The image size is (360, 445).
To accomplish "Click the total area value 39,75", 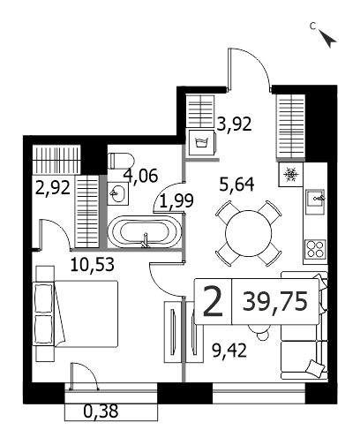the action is point(275,301).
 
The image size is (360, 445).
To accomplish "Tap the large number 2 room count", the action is point(213,302).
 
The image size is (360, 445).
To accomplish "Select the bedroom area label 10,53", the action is point(92,264).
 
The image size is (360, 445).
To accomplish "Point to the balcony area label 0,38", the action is point(101,411).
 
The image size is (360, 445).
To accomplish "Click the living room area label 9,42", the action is point(229,351).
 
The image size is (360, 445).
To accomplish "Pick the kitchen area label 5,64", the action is point(236,185).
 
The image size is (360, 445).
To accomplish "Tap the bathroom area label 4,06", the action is point(140,176).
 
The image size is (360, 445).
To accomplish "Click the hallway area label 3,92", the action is point(234,124).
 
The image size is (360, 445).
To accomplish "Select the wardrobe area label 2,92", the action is point(53,187).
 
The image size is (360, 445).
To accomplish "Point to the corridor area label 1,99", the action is point(176,200).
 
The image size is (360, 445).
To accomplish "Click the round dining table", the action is point(249,233).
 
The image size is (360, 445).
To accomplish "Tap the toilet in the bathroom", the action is point(121,161).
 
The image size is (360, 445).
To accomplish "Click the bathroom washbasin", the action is point(117,193).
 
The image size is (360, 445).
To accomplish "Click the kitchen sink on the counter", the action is point(315,201).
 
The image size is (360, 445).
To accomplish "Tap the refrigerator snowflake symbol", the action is point(290,174).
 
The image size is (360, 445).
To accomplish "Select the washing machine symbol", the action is point(202,142).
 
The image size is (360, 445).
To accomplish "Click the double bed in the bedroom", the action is point(77,313).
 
